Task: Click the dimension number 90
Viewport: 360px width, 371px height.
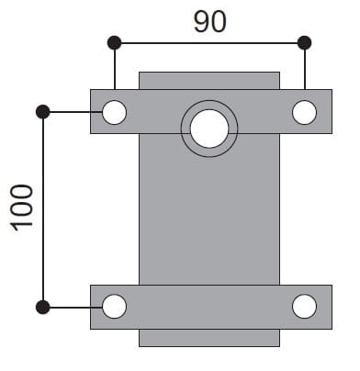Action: [210, 21]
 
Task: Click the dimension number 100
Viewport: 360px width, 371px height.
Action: [21, 209]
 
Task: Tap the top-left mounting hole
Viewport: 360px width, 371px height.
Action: [114, 112]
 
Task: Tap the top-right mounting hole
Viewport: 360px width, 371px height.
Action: [304, 112]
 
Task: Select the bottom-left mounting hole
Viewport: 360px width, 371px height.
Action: [114, 307]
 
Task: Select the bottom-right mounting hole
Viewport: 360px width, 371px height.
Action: [304, 307]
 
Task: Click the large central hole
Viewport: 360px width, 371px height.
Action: [209, 129]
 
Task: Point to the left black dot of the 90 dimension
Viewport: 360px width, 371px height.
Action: [115, 43]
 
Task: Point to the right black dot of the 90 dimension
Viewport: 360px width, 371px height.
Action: [305, 43]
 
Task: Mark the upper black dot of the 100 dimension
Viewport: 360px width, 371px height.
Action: [43, 112]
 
